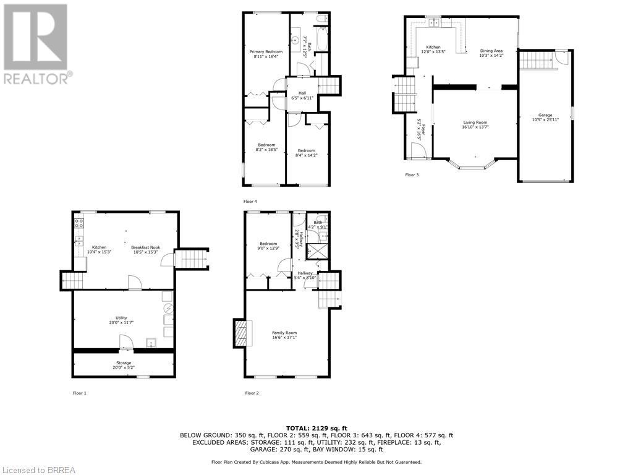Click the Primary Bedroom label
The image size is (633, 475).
point(266,54)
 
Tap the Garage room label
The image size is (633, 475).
point(545,117)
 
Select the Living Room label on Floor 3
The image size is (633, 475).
point(475,125)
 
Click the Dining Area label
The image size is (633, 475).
point(491,54)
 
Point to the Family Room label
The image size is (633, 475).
point(284,335)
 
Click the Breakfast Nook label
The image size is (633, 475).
point(145,249)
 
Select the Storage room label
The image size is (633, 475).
point(124,365)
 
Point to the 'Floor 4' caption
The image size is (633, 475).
point(250,201)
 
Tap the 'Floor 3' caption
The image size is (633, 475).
point(412,175)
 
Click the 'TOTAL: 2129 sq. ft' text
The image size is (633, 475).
point(316,428)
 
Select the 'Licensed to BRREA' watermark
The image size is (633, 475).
point(38,469)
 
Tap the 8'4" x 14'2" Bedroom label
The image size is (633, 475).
point(306,153)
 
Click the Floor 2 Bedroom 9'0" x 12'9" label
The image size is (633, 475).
point(268,246)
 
